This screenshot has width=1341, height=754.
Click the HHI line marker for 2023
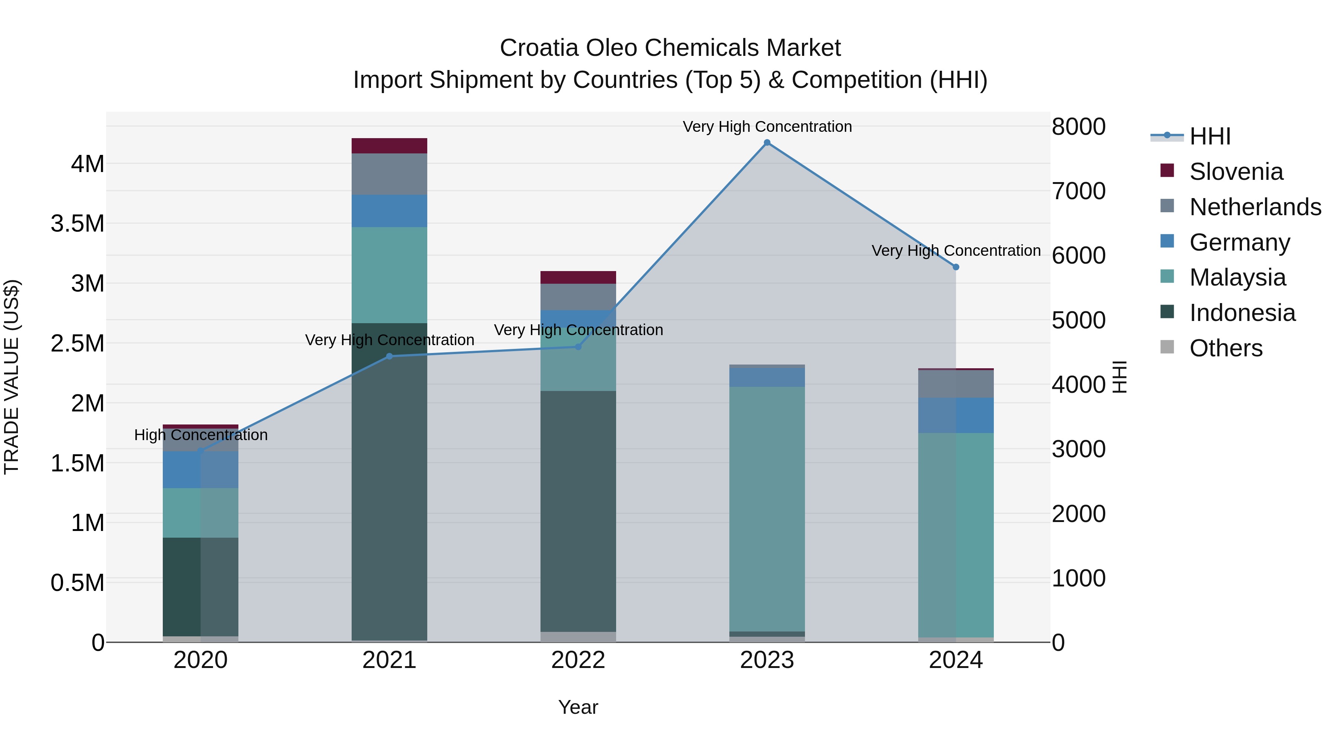767,143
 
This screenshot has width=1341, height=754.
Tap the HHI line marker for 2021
389,356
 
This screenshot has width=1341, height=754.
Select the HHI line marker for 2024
956,267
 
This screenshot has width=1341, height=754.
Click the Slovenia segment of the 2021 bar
389,146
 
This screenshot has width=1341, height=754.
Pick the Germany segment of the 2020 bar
200,470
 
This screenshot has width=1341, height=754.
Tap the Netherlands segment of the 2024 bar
956,384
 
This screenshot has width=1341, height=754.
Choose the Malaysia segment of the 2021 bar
389,275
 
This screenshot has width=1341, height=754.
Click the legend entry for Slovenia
1236,172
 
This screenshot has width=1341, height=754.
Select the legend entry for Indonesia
1242,313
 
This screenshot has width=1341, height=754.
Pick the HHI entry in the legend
1210,136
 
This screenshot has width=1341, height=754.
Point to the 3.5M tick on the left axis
77,224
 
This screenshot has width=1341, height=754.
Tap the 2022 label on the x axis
578,660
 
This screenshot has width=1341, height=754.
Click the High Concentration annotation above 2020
201,435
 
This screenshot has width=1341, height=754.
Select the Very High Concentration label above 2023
767,127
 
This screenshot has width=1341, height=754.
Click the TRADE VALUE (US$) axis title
12,377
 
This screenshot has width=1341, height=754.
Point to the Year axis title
578,707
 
